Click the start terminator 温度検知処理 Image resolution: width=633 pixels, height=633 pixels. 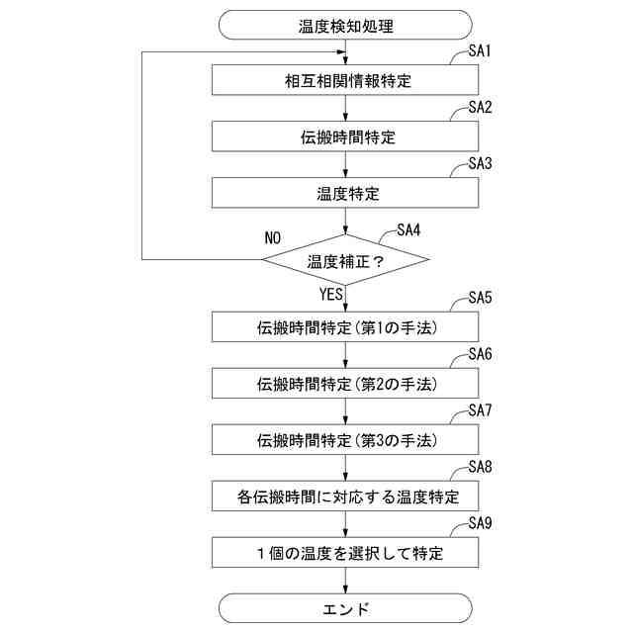(346, 24)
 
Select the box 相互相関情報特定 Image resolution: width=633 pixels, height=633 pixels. (346, 80)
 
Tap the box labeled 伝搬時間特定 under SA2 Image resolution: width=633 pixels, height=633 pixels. (346, 136)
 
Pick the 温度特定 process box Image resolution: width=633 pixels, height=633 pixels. (346, 193)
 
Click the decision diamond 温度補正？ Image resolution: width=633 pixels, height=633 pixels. (346, 261)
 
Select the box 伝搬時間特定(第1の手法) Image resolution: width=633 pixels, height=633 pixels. (346, 326)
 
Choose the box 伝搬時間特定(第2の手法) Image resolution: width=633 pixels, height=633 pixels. (346, 382)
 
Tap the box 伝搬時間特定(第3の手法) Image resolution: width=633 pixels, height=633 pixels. (346, 437)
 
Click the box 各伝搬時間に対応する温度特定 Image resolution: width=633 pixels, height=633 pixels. (346, 494)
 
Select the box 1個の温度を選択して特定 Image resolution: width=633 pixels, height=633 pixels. (346, 551)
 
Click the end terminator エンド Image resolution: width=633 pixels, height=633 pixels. (346, 608)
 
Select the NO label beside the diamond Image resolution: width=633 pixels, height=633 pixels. (273, 238)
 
